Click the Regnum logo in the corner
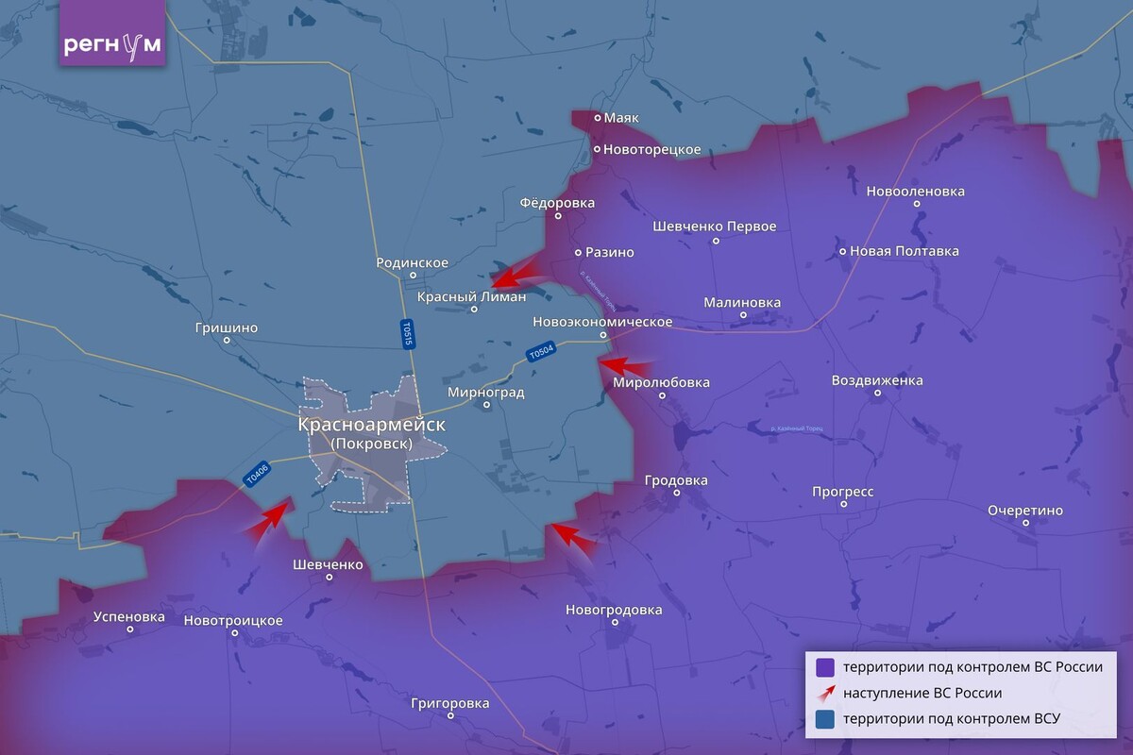(x=112, y=44)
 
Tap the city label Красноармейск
(x=371, y=425)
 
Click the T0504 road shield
(x=540, y=352)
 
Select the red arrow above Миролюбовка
(x=621, y=365)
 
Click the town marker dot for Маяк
(x=597, y=118)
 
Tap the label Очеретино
(x=1025, y=511)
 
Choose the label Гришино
(x=226, y=327)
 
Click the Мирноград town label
(x=486, y=392)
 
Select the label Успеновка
(x=129, y=617)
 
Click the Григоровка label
(x=450, y=703)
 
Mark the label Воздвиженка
(x=877, y=380)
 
